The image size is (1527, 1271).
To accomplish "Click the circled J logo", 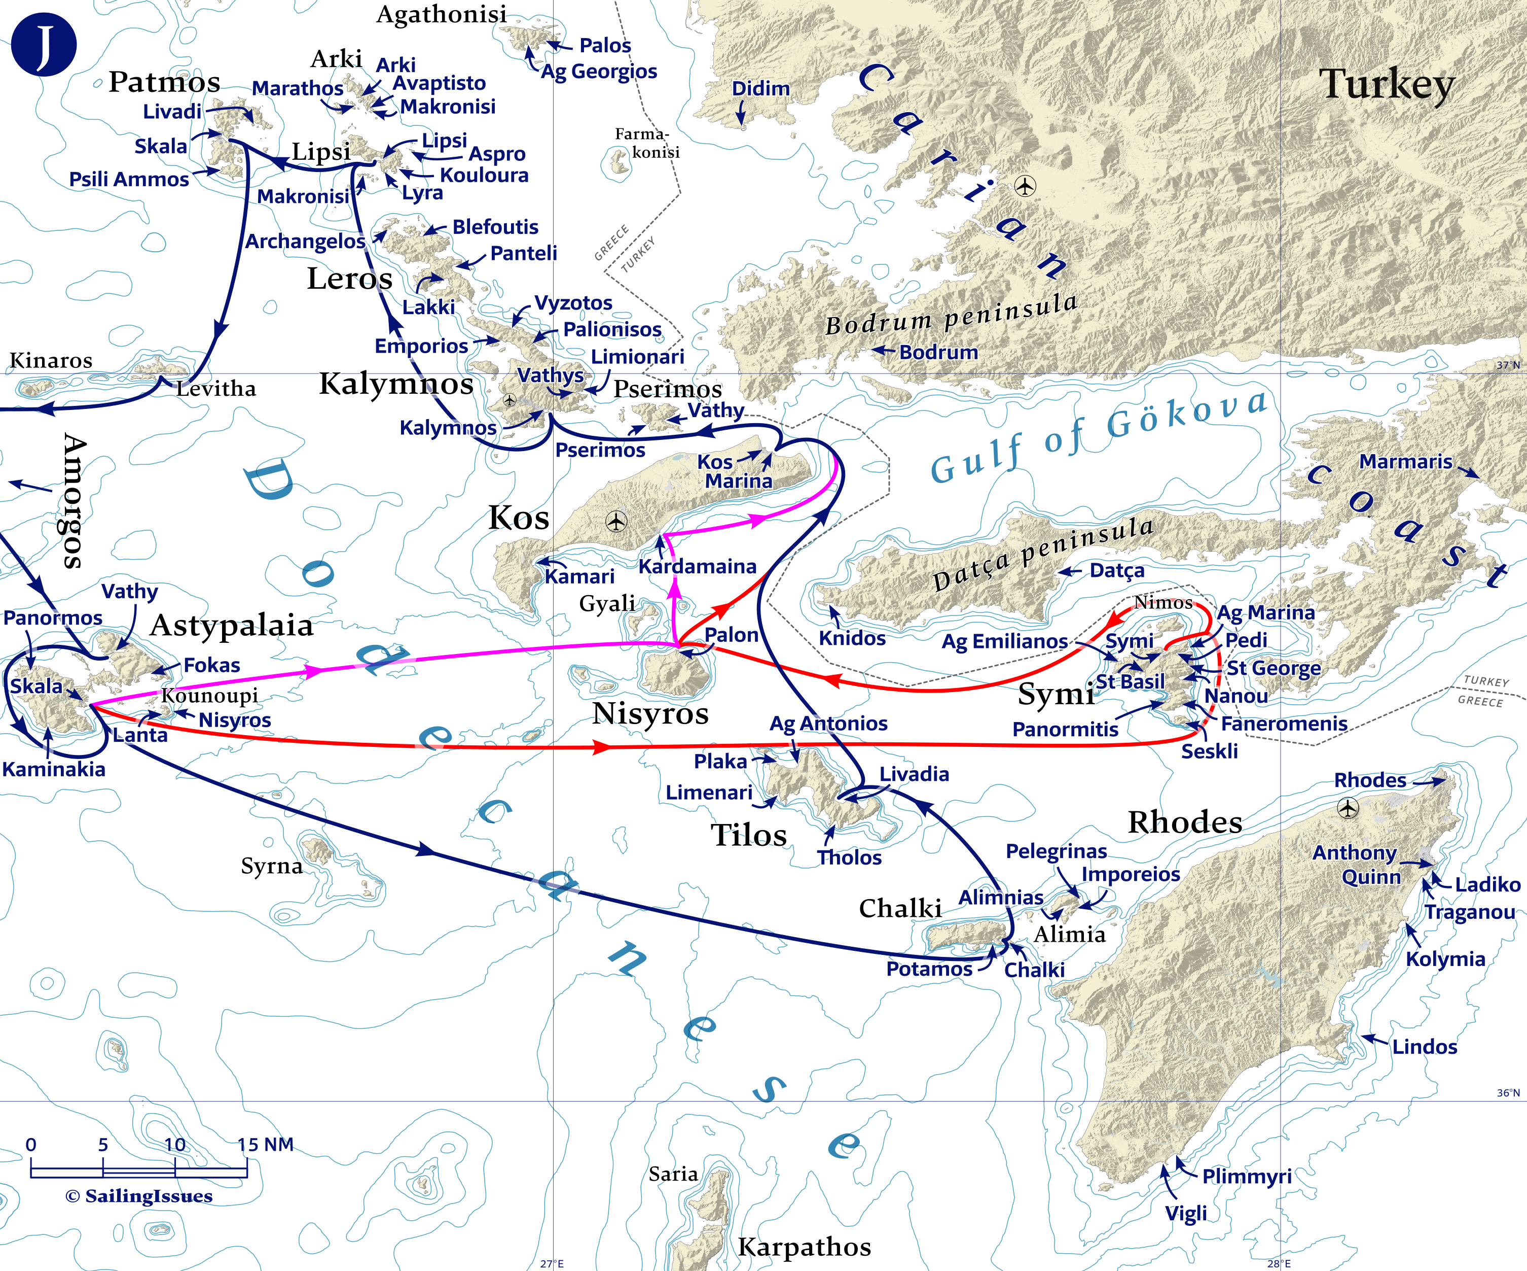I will [44, 44].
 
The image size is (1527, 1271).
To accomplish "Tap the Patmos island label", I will [164, 82].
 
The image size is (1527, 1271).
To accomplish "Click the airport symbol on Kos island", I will [616, 521].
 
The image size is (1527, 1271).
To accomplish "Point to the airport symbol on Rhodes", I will [1348, 808].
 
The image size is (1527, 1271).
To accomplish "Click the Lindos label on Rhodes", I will [1425, 1047].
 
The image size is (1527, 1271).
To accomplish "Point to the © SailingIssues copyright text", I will [139, 1196].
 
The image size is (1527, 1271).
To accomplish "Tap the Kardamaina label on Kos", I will [697, 566].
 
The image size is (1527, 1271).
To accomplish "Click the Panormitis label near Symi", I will [1065, 729].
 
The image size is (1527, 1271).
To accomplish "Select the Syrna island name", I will [271, 866].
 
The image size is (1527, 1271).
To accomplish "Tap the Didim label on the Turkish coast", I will [760, 88].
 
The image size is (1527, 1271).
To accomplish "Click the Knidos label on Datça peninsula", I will [852, 638].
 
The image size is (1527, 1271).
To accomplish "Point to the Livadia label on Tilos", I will [914, 774].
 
